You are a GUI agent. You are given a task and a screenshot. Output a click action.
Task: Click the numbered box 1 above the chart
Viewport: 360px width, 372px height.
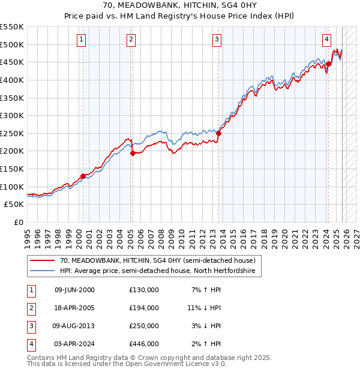[x=81, y=40]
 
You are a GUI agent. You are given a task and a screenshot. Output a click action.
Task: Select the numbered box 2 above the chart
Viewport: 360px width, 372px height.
[x=131, y=40]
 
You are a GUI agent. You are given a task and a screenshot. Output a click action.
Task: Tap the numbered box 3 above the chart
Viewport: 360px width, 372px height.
[x=217, y=40]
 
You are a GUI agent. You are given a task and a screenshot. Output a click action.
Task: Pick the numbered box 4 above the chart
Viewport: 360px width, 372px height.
[x=326, y=40]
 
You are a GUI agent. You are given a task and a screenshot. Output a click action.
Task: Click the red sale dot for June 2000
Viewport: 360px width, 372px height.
[x=83, y=176]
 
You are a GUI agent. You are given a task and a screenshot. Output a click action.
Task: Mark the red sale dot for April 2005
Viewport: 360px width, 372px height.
[x=133, y=153]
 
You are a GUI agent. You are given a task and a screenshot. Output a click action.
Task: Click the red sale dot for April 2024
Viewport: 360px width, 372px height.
[x=329, y=64]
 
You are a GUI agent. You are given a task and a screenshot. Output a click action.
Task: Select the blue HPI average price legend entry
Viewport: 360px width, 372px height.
[x=158, y=271]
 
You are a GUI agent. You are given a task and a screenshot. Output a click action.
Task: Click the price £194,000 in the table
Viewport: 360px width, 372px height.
[x=144, y=308]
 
